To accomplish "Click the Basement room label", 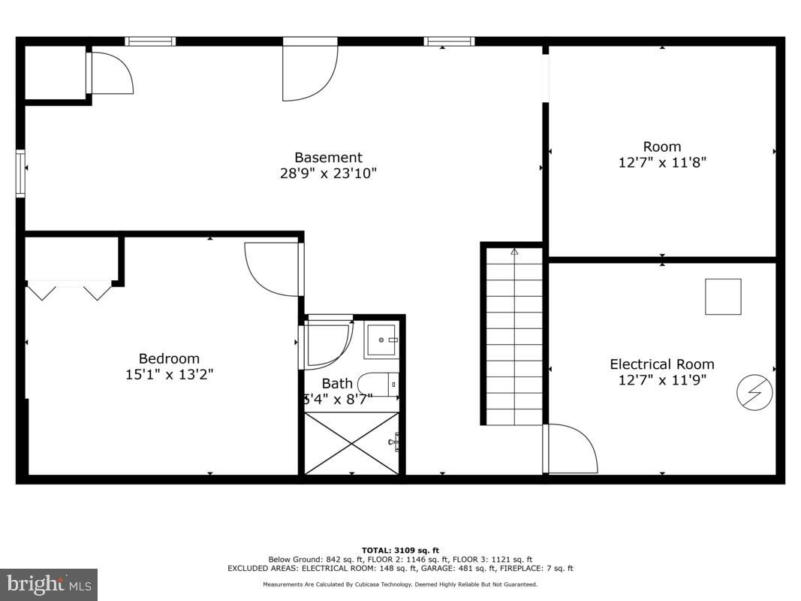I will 328,158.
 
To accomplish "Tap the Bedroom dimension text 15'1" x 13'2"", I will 169,374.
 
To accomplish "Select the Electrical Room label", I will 661,364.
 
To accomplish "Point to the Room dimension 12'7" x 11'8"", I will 662,162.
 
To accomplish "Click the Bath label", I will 337,384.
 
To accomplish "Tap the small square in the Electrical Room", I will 722,297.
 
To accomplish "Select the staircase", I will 514,338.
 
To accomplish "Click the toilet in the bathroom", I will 376,384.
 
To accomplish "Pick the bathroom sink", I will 382,340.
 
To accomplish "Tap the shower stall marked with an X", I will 351,443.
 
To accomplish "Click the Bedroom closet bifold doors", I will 69,290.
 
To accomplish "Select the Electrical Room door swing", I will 571,449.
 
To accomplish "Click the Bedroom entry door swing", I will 274,268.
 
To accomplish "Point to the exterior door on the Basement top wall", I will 309,70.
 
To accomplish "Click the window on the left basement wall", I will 20,174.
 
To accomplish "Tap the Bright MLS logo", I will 49,584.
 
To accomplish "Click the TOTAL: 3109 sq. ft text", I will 400,550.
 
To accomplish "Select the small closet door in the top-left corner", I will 110,73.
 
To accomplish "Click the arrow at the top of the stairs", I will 514,252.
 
